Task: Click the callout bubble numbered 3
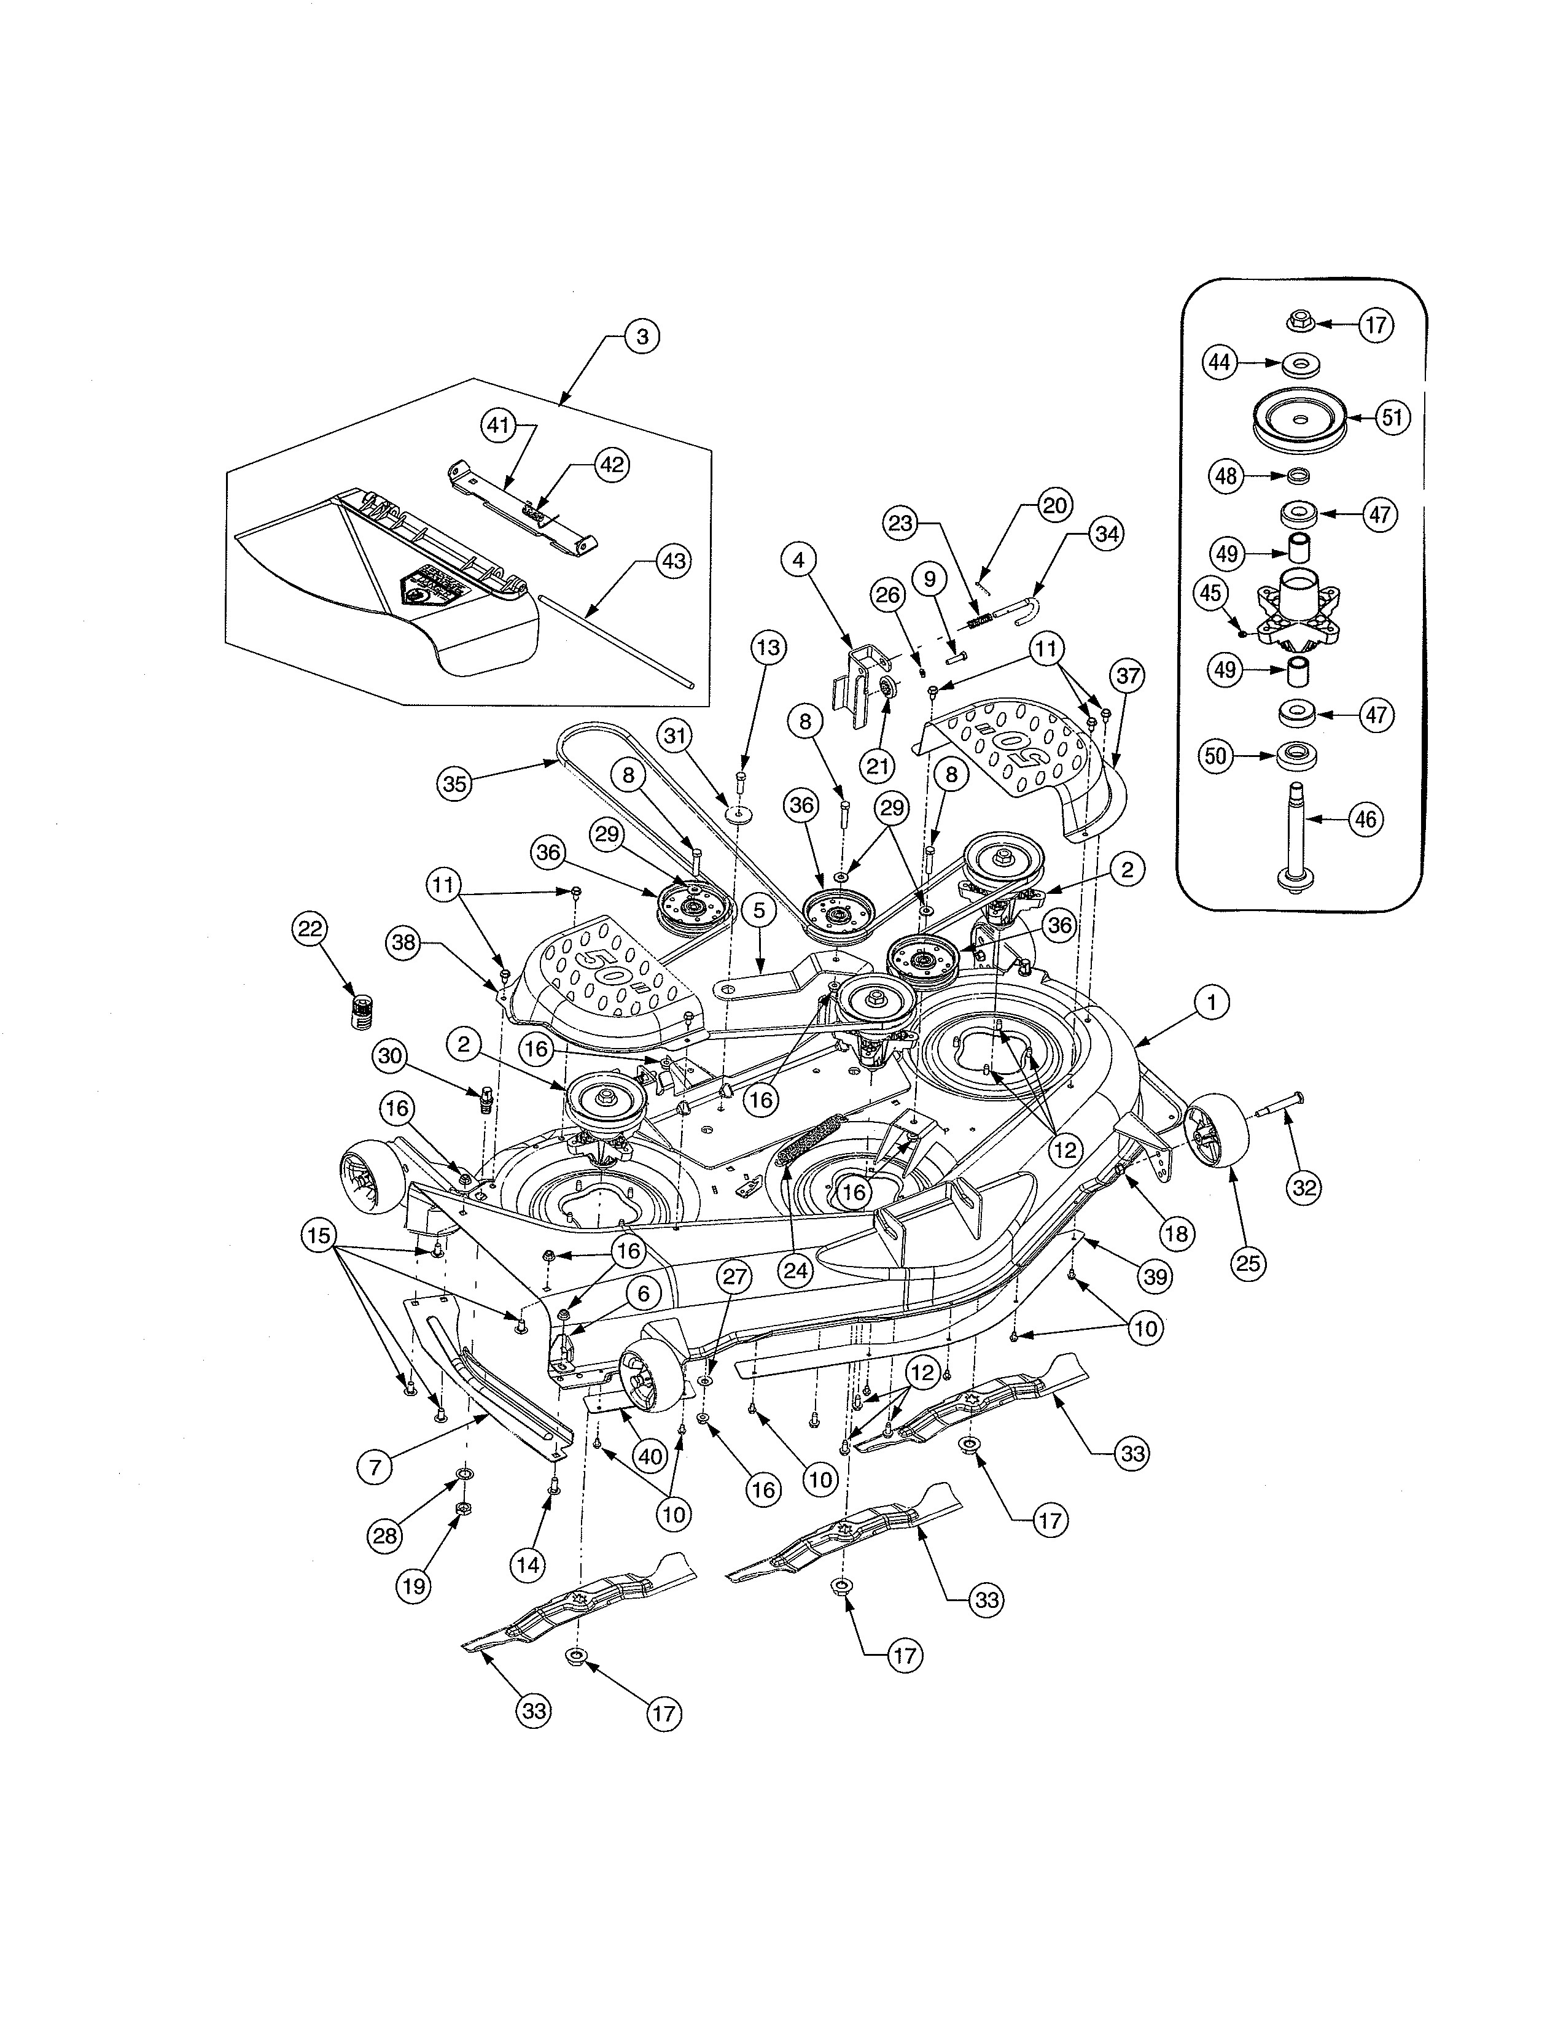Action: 641,336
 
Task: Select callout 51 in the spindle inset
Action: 1392,418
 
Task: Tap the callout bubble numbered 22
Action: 310,928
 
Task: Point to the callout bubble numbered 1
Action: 1210,1002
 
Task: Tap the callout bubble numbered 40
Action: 649,1456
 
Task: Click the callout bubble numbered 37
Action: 1127,677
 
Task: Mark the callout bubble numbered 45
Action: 1210,594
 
